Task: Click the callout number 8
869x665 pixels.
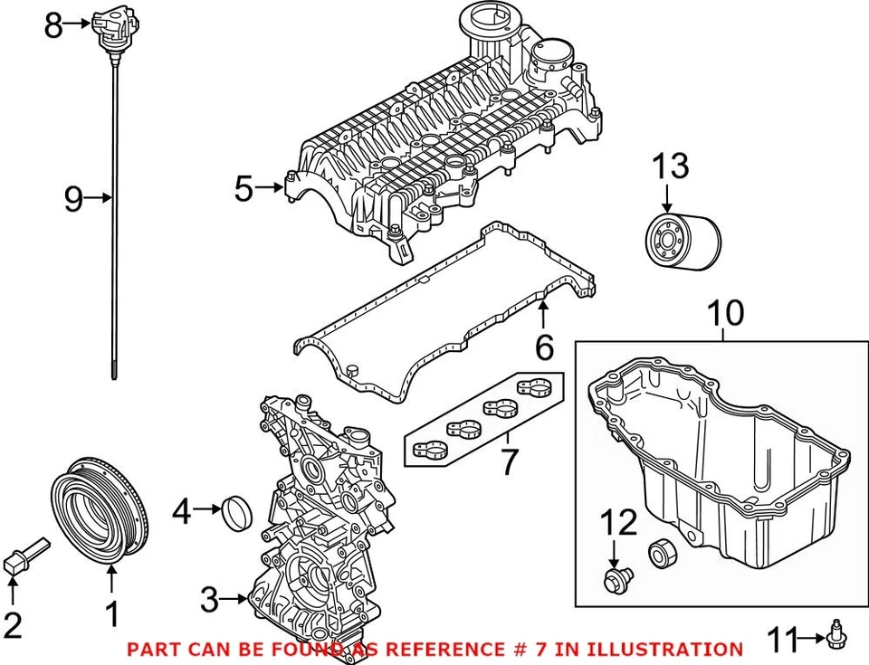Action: tap(53, 25)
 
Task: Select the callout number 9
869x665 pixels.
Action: tap(73, 197)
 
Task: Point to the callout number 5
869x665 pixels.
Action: tap(243, 189)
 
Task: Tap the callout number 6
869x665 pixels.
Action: tap(543, 346)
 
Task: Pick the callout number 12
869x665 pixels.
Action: tap(621, 522)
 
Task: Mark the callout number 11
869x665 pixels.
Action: tap(783, 641)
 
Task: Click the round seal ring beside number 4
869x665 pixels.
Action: tap(235, 513)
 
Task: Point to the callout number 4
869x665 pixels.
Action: tap(181, 513)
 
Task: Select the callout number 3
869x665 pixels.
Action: tap(209, 598)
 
